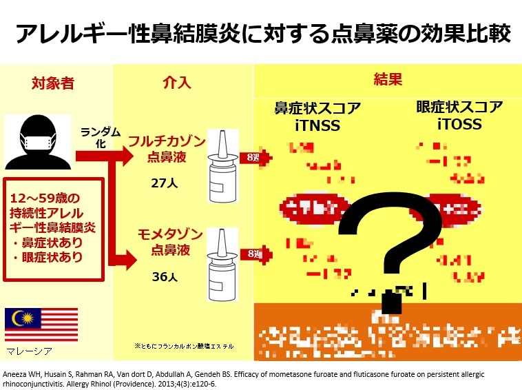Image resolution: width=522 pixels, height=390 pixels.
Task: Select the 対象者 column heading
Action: click(53, 85)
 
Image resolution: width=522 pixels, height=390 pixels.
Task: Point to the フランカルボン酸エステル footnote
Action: click(184, 345)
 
